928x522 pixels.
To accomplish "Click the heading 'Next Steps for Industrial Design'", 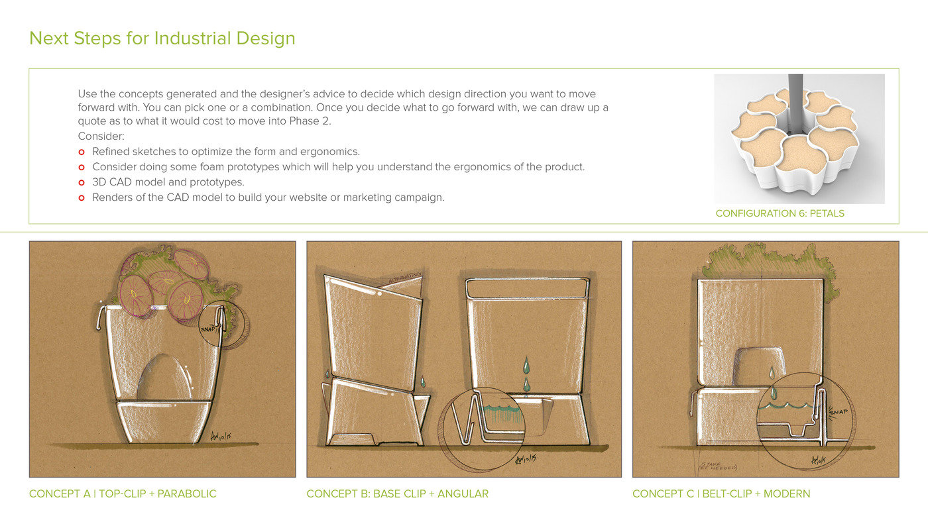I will (x=162, y=38).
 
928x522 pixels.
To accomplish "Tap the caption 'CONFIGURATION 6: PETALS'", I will (x=780, y=213).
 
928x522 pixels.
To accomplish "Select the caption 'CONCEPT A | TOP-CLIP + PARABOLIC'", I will (x=123, y=494).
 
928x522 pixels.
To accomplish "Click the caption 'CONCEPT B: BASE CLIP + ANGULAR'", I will (x=397, y=494).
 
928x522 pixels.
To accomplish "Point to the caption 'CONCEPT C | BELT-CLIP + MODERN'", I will (x=721, y=494).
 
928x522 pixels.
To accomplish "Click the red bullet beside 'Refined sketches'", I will (x=82, y=152).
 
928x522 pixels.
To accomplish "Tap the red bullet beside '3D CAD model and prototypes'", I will (x=82, y=182).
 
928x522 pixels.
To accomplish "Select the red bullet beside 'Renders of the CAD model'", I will (x=82, y=197).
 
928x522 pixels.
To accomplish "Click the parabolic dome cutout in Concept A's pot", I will (x=164, y=378).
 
